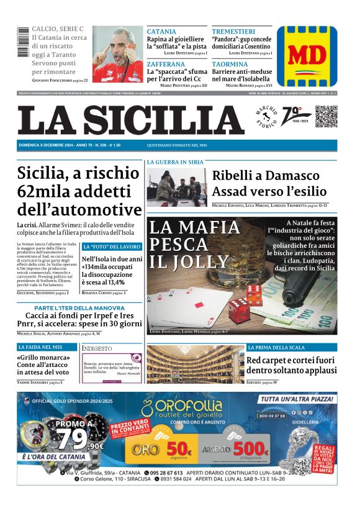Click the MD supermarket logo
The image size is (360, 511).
[x=307, y=57]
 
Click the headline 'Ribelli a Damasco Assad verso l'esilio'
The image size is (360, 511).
[x=269, y=183]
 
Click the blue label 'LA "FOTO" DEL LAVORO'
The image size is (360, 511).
[x=112, y=247]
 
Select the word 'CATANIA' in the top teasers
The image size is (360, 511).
[x=161, y=31]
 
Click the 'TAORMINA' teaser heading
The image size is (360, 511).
[x=229, y=63]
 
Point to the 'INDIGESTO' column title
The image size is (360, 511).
[x=97, y=348]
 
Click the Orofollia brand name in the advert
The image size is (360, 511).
[x=188, y=408]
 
